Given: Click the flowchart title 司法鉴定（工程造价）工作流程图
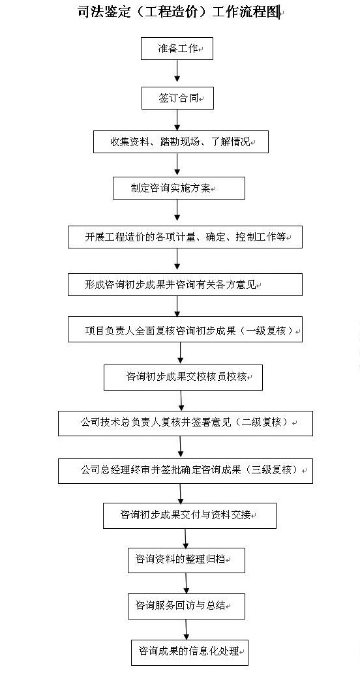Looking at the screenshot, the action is point(178,12).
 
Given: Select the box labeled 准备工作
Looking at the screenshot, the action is point(177,48).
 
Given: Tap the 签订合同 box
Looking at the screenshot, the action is point(177,98).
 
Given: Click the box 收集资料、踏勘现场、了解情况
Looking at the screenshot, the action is point(181,142).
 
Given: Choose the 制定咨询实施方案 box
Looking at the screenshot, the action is point(179,188).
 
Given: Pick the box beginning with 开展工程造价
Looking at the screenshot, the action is point(185,237).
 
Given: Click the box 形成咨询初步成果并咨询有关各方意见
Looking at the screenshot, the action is point(185,284).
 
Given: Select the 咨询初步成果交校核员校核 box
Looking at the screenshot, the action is point(183,377).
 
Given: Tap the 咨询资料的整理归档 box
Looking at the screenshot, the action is point(187,560).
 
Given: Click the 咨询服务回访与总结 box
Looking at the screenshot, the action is point(187,606).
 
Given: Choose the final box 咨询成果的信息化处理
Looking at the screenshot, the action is point(190,652).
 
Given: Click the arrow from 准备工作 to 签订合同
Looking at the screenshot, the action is point(177,71).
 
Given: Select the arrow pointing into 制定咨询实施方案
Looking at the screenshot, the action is point(177,165).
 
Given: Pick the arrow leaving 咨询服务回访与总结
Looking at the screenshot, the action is point(187,629).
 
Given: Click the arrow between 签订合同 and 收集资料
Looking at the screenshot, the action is point(177,120).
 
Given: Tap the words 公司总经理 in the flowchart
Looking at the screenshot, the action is point(100,470).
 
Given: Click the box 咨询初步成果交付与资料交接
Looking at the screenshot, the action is point(190,516).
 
